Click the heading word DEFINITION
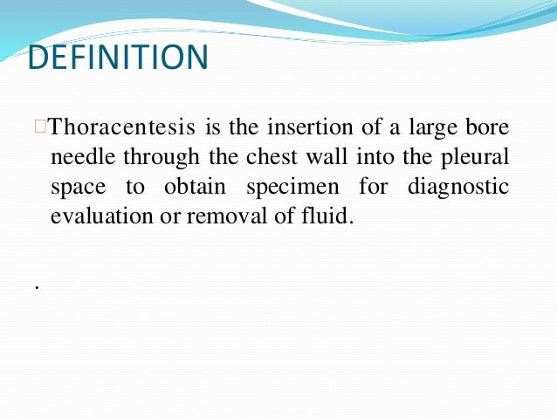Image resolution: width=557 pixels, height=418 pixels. [119, 58]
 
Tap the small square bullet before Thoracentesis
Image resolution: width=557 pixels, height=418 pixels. [39, 127]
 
